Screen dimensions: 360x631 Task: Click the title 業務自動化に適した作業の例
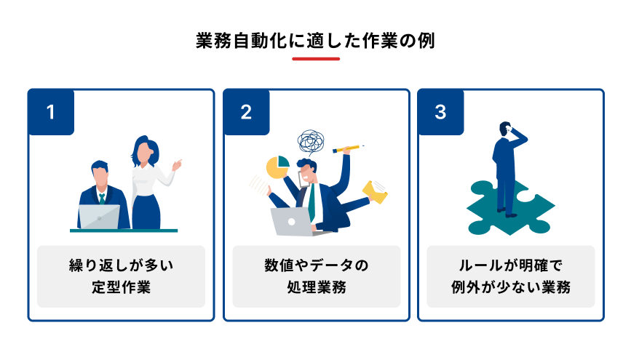315,40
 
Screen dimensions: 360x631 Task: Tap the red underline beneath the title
315,59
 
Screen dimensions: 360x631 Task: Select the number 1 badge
51,112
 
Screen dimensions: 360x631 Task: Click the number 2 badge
246,112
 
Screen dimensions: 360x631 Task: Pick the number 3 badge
440,112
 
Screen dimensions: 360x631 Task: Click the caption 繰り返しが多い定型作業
121,276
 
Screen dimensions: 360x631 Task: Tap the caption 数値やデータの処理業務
316,276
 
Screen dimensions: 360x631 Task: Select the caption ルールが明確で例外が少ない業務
510,276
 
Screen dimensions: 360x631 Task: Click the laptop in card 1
99,217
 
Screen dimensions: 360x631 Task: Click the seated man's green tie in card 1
102,198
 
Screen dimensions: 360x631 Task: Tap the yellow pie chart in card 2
277,167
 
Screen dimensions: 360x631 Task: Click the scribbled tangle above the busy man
313,142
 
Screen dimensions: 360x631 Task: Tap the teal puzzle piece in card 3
509,209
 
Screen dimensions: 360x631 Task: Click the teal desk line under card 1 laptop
124,231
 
